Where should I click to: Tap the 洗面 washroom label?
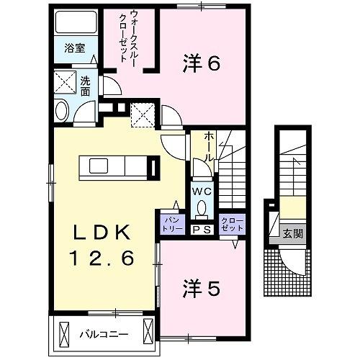(84, 86)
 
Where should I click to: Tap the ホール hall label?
(209, 145)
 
